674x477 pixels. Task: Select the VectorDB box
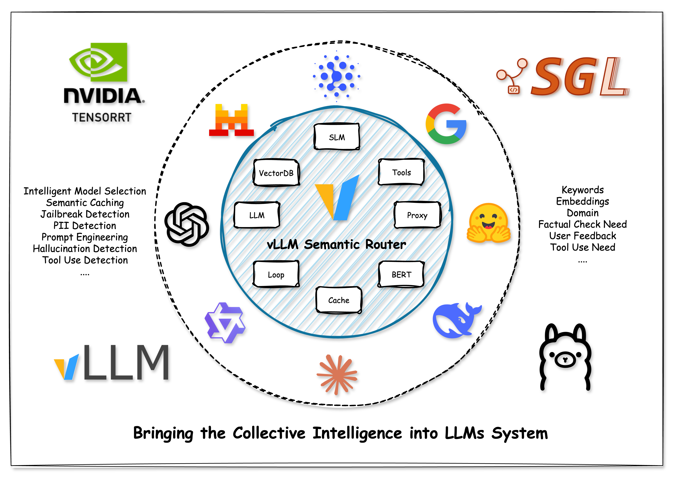coord(276,173)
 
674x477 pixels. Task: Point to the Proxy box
coord(417,215)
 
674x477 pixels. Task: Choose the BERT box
coord(401,274)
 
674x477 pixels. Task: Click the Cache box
coord(339,300)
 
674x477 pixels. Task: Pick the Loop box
coord(276,274)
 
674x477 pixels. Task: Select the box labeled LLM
coord(257,215)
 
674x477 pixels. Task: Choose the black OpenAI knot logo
coord(187,224)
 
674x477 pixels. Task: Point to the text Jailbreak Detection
coord(85,214)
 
